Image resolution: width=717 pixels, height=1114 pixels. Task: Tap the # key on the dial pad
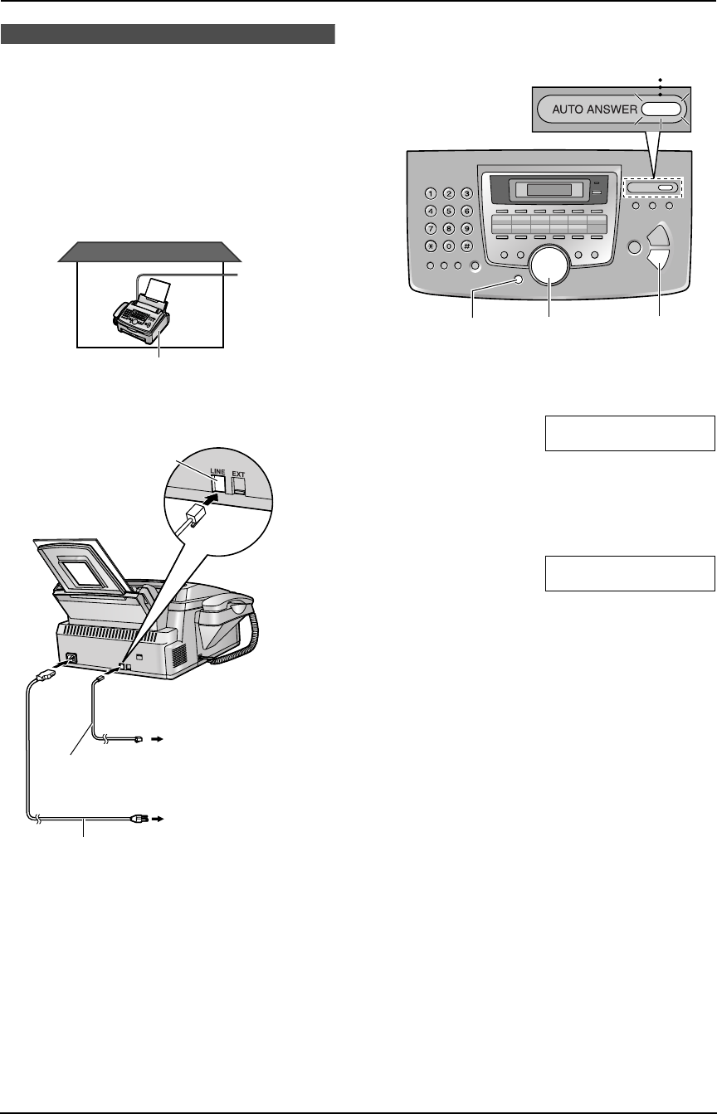click(467, 246)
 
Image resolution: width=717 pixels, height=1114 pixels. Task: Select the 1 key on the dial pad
click(431, 194)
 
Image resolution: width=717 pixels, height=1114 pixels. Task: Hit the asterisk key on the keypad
click(431, 246)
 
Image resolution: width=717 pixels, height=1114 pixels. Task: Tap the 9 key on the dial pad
click(467, 228)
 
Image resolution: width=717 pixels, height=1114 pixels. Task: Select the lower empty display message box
click(629, 573)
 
